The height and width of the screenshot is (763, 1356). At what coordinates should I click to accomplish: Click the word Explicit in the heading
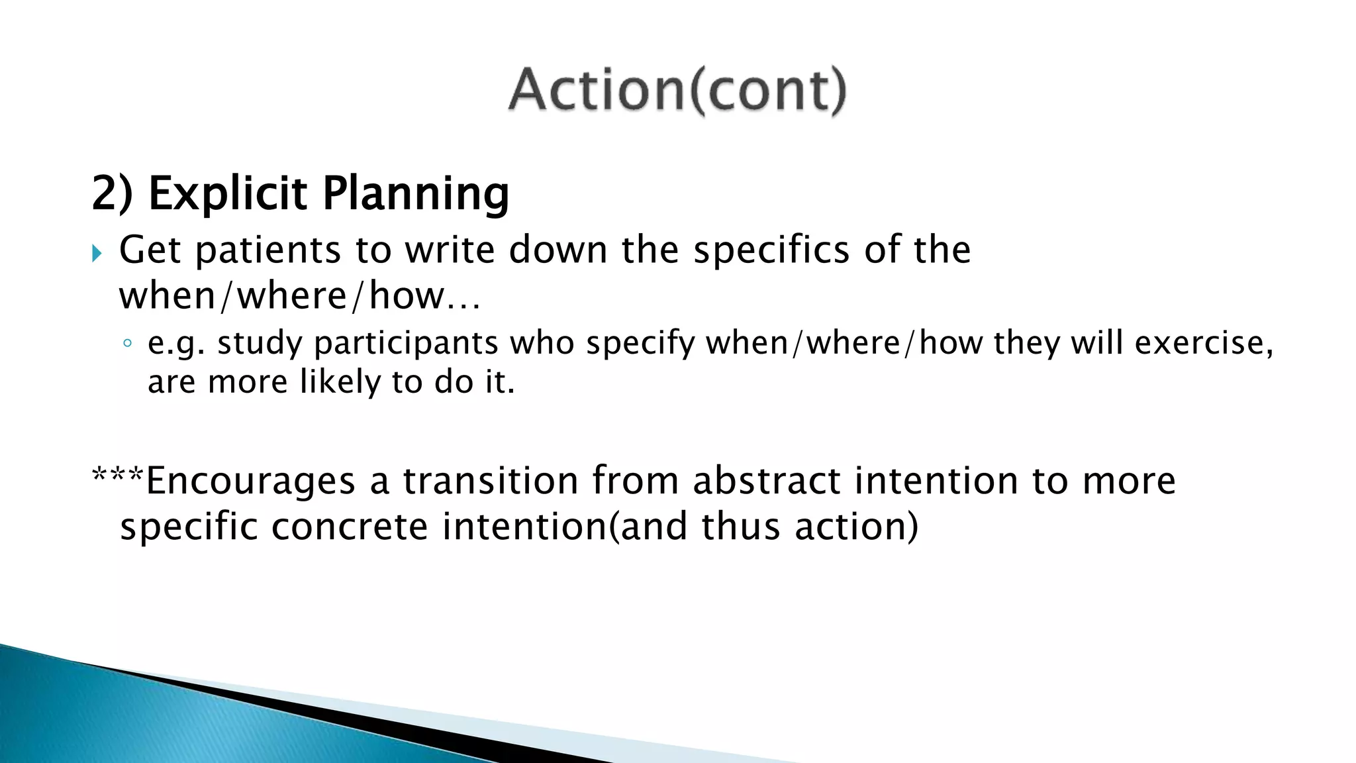(227, 194)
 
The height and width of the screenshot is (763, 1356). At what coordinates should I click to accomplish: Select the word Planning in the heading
(416, 194)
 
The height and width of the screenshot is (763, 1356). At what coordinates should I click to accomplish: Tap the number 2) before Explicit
(112, 194)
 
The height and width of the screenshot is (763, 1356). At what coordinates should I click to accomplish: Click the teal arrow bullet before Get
(97, 253)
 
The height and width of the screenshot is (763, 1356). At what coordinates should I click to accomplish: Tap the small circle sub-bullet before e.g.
(127, 344)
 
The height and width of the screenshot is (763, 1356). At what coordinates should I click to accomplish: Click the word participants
(405, 344)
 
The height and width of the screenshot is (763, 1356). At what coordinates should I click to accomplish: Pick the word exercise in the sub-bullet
(1200, 342)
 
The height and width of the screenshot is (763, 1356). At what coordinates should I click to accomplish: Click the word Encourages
(250, 481)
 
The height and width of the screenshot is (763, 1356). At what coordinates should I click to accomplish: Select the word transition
(491, 481)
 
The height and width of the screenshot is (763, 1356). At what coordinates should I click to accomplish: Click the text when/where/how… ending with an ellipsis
(299, 296)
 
